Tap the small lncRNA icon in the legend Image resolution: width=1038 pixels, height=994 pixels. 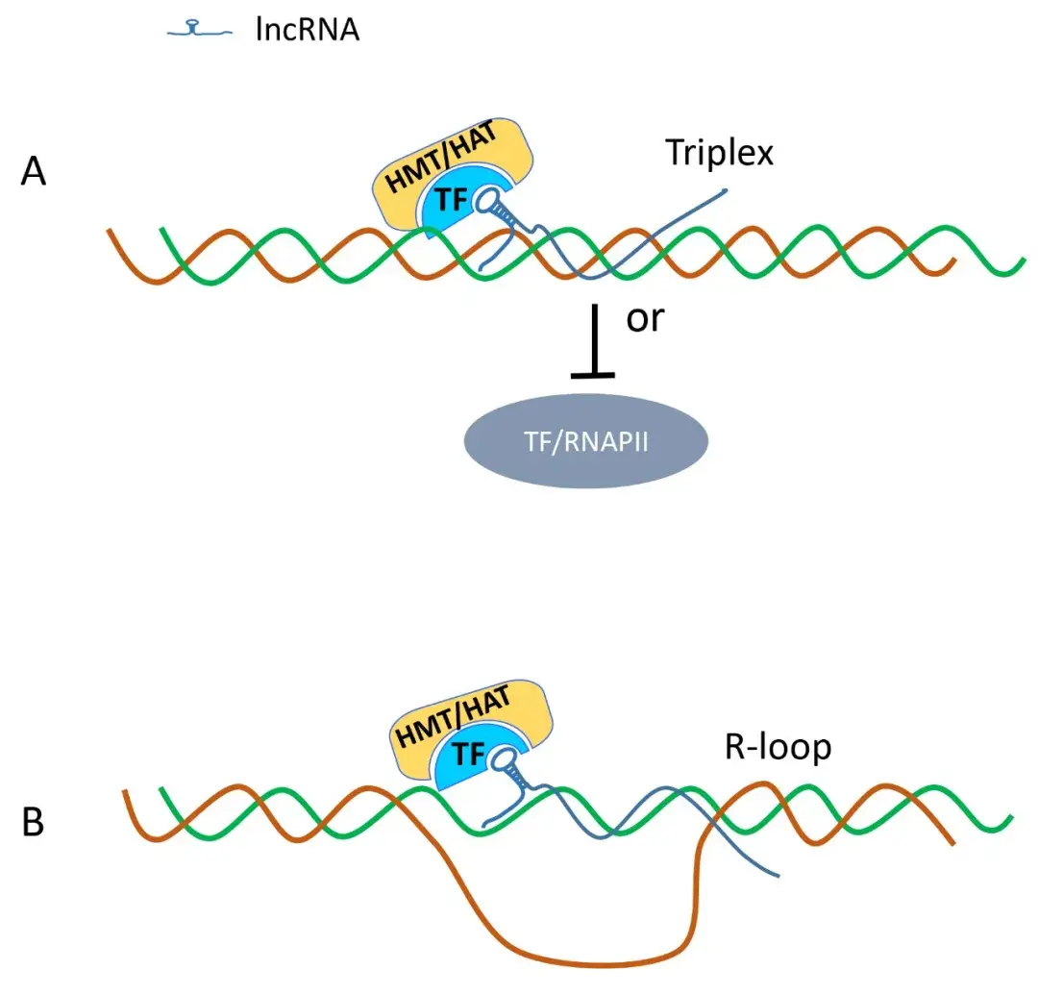[x=200, y=31]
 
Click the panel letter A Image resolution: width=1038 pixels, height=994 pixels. [x=35, y=175]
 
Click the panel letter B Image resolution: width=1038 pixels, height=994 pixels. [x=33, y=823]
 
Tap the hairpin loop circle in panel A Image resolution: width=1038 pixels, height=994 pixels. [x=506, y=204]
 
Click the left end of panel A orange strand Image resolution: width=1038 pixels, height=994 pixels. [x=109, y=231]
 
